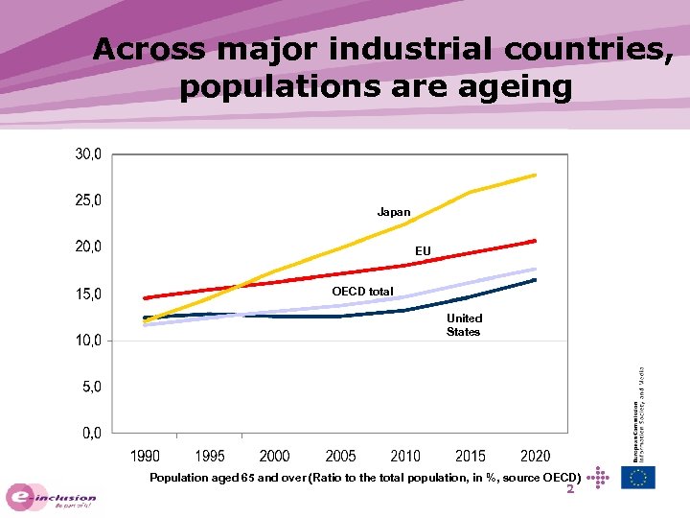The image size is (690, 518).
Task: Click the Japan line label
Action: pyautogui.click(x=393, y=212)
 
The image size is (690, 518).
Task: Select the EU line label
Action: pyautogui.click(x=423, y=251)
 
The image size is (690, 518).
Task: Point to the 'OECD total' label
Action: pyautogui.click(x=362, y=292)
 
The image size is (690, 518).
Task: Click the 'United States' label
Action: pyautogui.click(x=464, y=325)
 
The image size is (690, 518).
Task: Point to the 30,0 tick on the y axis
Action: pyautogui.click(x=88, y=154)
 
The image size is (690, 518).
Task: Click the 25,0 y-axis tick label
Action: pyautogui.click(x=88, y=201)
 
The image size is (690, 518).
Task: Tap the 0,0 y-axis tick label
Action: pyautogui.click(x=88, y=434)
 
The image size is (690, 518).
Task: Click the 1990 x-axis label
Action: pyautogui.click(x=145, y=456)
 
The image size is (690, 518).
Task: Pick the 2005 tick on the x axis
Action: pyautogui.click(x=340, y=456)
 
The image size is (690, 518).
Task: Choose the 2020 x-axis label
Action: pyautogui.click(x=536, y=456)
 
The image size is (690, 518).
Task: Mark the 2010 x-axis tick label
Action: pyautogui.click(x=405, y=456)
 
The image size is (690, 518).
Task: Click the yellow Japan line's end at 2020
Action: pyautogui.click(x=535, y=175)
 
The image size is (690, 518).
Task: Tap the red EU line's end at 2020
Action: pyautogui.click(x=535, y=241)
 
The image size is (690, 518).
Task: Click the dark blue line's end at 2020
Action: pyautogui.click(x=535, y=280)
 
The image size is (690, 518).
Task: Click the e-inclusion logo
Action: pyautogui.click(x=53, y=496)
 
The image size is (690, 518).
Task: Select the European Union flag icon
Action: pyautogui.click(x=638, y=477)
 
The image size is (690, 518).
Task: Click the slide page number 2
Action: pyautogui.click(x=570, y=489)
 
